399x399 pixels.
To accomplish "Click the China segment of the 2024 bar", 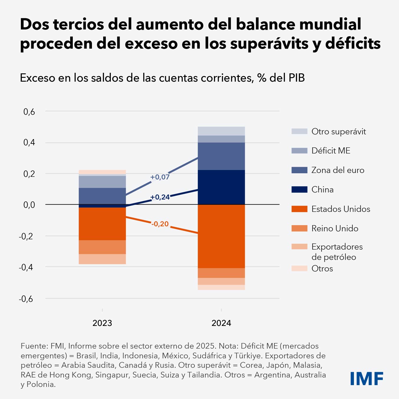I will tap(221, 187).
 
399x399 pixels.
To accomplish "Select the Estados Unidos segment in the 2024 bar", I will tap(221, 236).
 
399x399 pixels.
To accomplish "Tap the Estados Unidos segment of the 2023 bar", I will tap(102, 224).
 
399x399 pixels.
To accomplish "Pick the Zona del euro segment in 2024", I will tap(221, 156).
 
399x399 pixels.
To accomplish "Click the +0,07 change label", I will tap(160, 177).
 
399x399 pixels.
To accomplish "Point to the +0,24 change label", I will tap(160, 197).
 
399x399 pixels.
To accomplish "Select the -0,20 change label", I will tap(160, 224).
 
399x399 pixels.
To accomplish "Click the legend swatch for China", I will tap(299, 189).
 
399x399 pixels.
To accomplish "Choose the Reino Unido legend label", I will tap(335, 228).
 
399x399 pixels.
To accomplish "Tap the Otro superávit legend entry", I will tap(339, 131).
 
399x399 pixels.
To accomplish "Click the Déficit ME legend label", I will tap(331, 151).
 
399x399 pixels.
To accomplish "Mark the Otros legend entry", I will tap(322, 268).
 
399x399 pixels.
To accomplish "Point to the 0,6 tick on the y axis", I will tap(29, 112).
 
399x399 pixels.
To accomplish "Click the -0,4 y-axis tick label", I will tap(27, 267).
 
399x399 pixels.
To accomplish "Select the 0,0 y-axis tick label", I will tap(29, 205).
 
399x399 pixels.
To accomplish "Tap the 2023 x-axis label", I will tap(102, 323).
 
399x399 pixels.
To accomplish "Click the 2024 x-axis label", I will tap(221, 323).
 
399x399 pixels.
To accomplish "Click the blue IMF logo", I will tap(367, 378).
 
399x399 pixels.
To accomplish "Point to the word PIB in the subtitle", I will tap(295, 78).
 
